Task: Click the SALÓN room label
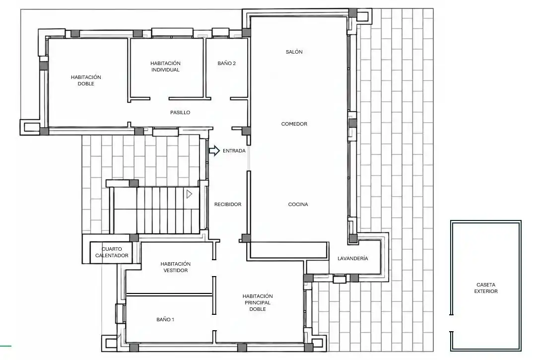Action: coord(294,52)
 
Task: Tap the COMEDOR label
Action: coord(294,124)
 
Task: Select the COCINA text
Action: coord(298,204)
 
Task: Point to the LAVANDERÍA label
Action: coord(353,258)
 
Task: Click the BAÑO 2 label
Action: coord(226,63)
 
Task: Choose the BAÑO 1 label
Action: coord(165,319)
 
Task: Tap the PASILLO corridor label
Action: coord(180,112)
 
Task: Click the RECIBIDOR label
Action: coord(228,204)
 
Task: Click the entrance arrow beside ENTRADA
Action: coord(214,150)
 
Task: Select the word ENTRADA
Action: coord(234,151)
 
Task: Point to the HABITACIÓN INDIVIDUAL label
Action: coord(165,67)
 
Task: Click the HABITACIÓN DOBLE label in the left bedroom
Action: coord(86,80)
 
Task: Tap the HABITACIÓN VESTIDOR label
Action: coord(175,267)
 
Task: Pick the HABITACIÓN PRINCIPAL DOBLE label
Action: coord(258,302)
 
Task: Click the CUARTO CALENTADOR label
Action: coord(112,252)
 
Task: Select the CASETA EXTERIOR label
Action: coord(485,288)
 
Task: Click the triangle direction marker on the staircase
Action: coord(190,194)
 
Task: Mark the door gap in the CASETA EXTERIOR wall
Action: coord(451,323)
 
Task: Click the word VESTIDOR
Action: coord(175,270)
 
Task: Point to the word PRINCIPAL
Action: coord(258,302)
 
